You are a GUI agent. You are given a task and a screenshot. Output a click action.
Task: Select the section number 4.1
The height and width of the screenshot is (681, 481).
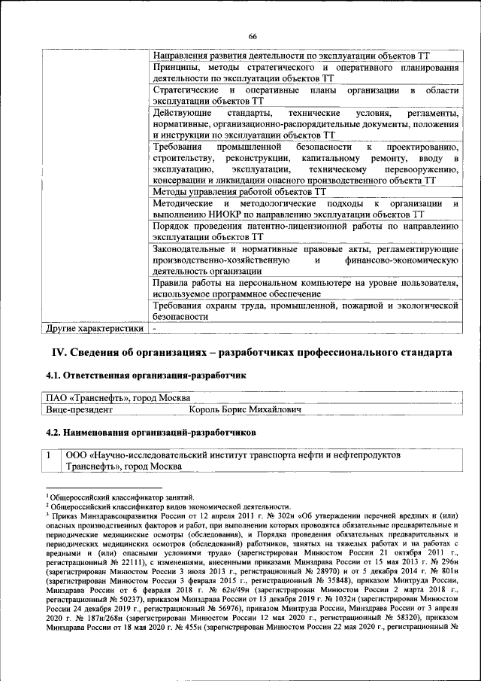click(53, 375)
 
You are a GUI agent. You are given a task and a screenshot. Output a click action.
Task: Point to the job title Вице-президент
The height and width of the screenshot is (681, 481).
click(80, 410)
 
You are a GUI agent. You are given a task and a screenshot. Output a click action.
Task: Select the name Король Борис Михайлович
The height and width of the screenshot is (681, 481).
click(245, 410)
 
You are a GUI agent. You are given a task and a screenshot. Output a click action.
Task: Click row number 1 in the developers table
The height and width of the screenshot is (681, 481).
click(50, 455)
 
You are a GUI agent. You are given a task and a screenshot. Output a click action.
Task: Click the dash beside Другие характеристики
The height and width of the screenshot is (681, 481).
click(154, 329)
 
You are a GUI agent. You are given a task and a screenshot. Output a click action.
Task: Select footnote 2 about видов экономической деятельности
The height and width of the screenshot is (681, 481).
click(168, 506)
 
